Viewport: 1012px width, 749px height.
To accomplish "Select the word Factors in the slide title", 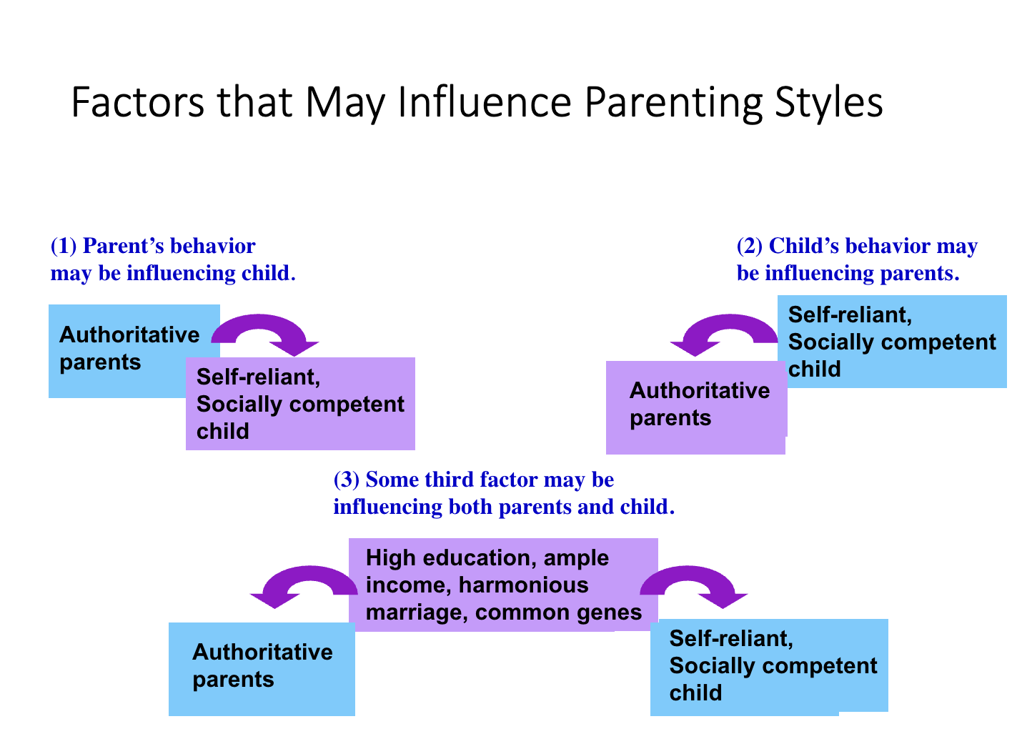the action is click(137, 102).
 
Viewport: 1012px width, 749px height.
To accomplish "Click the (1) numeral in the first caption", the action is click(64, 246).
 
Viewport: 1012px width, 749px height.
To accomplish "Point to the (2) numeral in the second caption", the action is click(750, 246).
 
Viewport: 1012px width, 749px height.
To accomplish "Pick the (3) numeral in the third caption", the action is click(347, 480).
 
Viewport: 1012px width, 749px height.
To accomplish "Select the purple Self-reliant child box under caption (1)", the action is click(300, 404).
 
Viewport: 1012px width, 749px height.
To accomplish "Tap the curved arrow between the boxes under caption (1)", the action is click(262, 321).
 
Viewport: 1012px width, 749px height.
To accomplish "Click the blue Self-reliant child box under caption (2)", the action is click(892, 342).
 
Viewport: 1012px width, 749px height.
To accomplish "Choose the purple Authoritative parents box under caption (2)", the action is click(696, 407).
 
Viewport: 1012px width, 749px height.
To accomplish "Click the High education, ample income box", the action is click(503, 585).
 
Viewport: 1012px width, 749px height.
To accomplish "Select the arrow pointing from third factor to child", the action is click(690, 573).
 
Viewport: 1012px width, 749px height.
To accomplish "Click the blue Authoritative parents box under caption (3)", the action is click(262, 669).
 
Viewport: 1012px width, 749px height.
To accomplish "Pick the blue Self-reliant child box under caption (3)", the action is click(769, 668).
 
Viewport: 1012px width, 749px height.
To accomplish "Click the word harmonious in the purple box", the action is click(523, 585).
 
